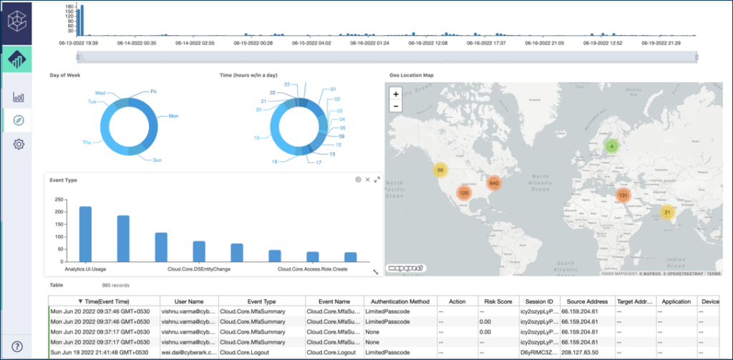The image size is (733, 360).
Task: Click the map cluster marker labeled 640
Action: point(493,183)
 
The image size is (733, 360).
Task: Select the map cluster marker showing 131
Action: point(623,195)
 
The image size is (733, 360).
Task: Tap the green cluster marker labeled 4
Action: point(611,146)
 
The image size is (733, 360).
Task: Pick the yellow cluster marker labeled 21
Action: point(667,212)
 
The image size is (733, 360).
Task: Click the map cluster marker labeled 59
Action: point(440,170)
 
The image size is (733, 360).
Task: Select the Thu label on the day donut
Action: point(87,142)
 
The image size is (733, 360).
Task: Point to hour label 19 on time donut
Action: point(256,137)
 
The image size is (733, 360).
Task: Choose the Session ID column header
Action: point(536,301)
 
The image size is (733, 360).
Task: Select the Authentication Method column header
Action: point(399,301)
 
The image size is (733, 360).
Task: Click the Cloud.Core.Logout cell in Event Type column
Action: point(247,352)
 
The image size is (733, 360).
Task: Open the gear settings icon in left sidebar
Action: point(19,144)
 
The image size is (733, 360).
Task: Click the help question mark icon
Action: point(17,346)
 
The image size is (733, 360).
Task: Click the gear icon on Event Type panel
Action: point(358,180)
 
